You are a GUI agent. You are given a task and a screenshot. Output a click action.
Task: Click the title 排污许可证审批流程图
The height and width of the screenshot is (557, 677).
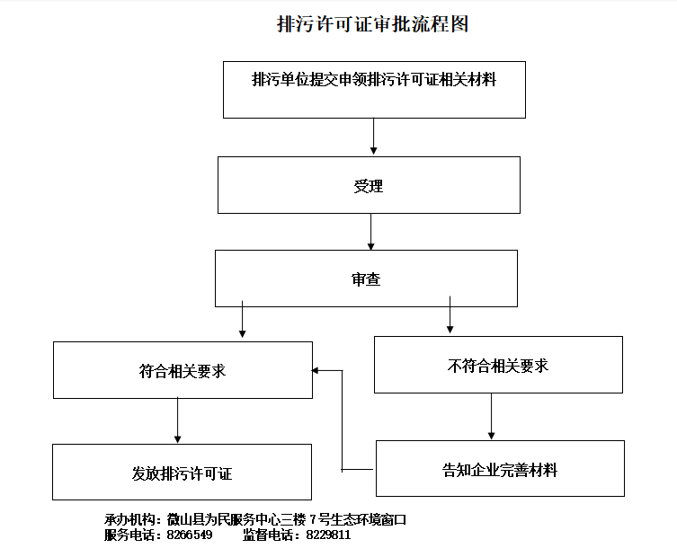click(x=372, y=23)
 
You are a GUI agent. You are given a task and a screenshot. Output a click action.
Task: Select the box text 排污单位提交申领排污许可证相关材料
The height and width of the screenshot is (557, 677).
click(x=374, y=79)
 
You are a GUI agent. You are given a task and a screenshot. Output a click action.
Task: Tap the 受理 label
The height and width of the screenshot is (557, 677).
click(x=369, y=186)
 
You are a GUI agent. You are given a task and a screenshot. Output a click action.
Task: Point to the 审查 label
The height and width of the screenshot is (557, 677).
click(x=366, y=279)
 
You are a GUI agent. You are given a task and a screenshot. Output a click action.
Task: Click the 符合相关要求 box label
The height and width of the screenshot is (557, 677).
click(x=183, y=371)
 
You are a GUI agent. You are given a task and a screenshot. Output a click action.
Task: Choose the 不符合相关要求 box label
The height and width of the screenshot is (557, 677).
click(x=498, y=366)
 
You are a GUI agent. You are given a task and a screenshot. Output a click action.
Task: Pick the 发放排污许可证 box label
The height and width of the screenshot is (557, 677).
click(x=182, y=473)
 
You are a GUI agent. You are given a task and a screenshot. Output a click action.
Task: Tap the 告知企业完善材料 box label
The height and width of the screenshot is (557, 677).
click(x=500, y=470)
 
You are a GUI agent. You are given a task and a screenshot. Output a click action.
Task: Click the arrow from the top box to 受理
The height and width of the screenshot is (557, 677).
click(x=373, y=137)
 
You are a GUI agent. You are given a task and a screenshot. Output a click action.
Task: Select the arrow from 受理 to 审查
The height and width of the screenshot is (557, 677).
click(x=370, y=232)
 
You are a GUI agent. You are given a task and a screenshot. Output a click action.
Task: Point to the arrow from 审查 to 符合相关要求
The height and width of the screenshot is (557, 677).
click(x=242, y=319)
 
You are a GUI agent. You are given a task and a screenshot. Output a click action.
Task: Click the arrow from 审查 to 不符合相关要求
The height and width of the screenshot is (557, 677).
click(x=450, y=314)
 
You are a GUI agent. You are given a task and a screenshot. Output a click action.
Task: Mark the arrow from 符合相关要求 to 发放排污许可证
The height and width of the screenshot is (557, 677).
click(x=177, y=420)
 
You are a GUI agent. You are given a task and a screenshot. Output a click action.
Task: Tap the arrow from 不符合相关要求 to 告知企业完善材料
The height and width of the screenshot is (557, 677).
click(x=491, y=416)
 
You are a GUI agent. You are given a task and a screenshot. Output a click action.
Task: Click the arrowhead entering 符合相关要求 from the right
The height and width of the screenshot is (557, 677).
click(x=316, y=370)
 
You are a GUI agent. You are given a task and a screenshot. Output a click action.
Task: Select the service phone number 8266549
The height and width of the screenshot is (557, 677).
click(x=190, y=535)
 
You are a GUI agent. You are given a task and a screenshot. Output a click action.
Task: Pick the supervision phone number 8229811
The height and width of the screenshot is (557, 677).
click(x=328, y=535)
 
